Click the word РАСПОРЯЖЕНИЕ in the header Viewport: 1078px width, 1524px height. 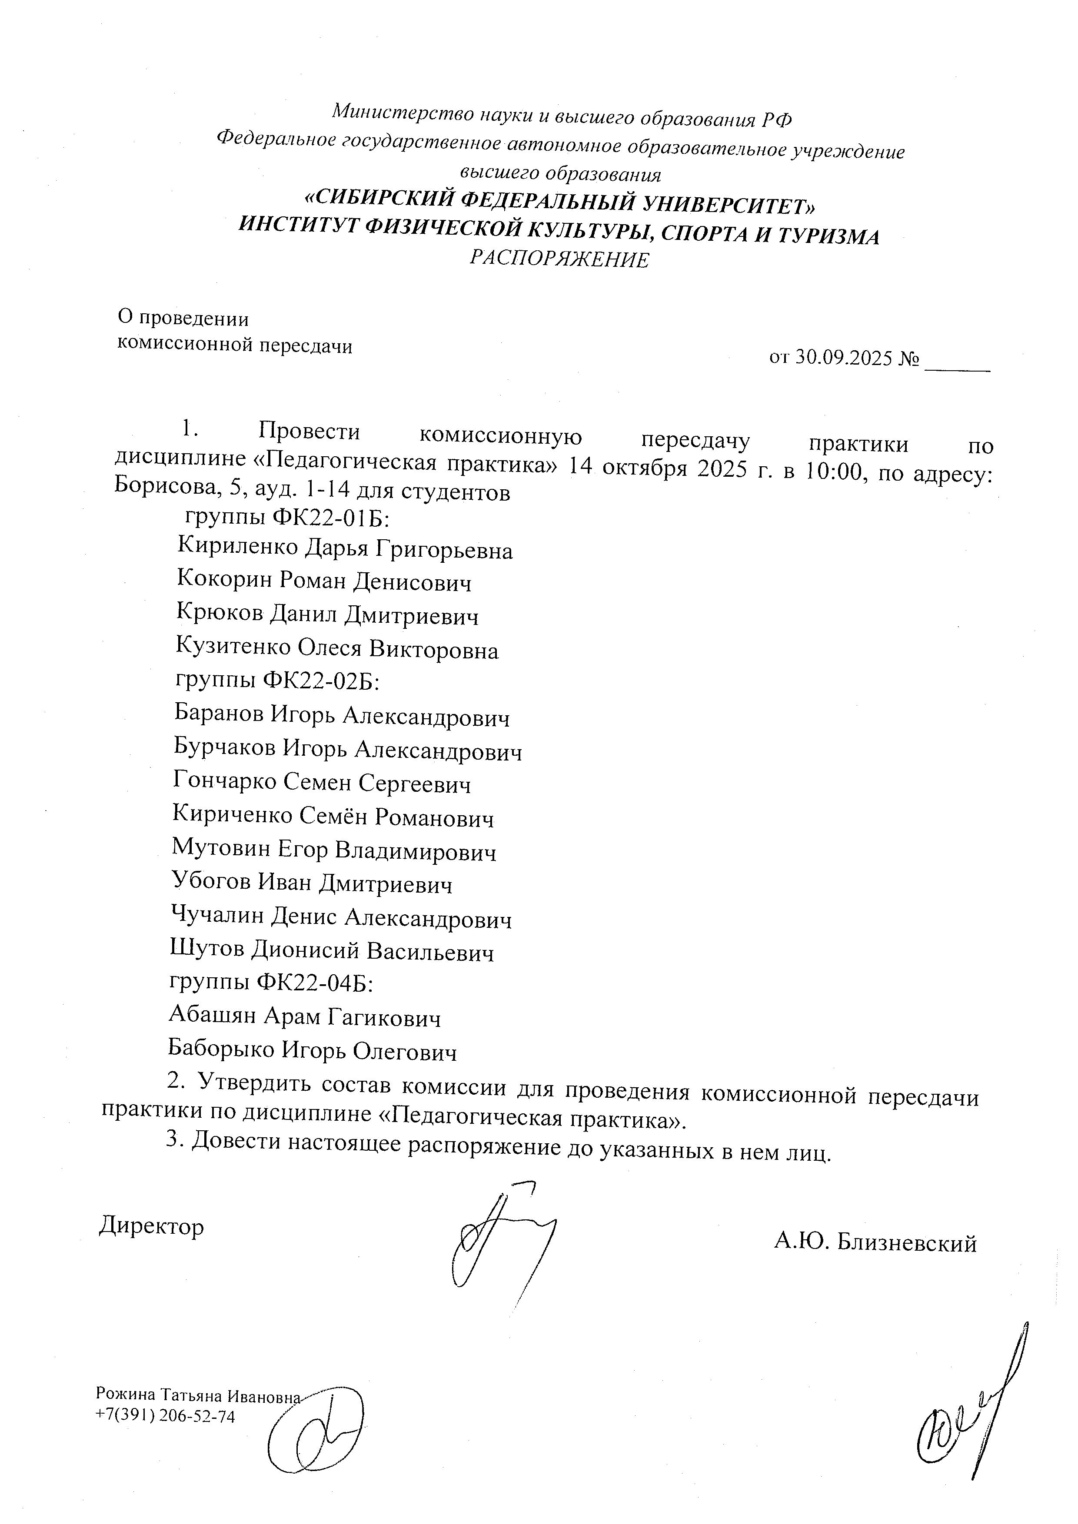point(559,259)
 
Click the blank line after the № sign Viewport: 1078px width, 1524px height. point(957,364)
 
